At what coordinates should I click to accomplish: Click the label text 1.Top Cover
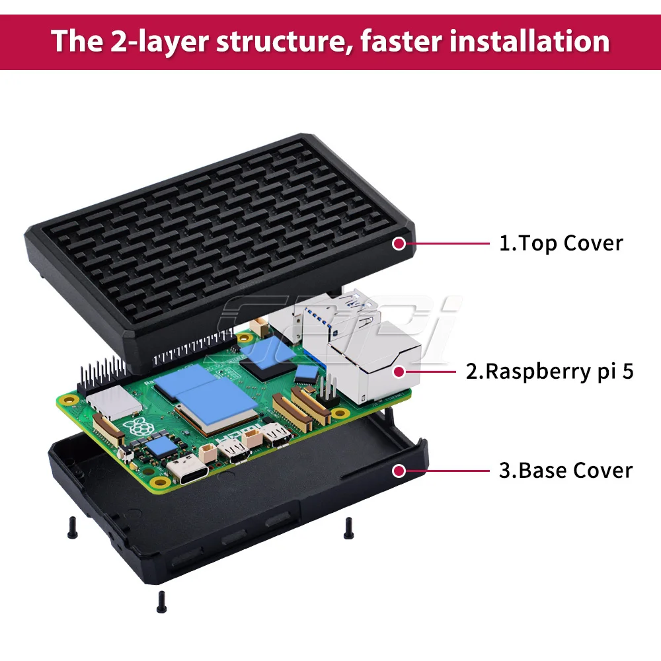(x=561, y=243)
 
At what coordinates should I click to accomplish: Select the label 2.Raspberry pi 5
(x=549, y=371)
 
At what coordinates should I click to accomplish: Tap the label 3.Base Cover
(x=565, y=471)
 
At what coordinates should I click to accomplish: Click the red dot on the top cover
(x=399, y=243)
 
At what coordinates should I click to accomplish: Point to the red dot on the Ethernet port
(x=399, y=371)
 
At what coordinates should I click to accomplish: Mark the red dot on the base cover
(x=399, y=471)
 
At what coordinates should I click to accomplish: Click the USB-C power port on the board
(x=188, y=468)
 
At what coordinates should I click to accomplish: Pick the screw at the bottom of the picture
(x=159, y=601)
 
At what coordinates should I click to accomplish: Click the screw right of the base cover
(x=348, y=526)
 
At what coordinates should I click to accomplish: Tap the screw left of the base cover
(x=71, y=526)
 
